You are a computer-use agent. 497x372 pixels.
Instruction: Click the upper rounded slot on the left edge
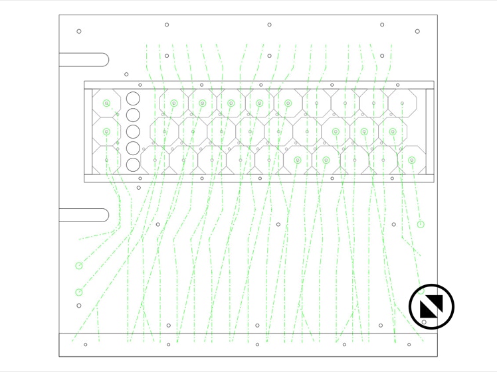[84, 60]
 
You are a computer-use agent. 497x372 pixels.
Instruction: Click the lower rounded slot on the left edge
[84, 216]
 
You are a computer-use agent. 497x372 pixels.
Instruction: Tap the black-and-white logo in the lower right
[431, 307]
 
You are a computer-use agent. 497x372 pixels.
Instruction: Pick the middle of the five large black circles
[134, 132]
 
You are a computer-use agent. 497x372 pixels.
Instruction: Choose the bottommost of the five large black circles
[134, 164]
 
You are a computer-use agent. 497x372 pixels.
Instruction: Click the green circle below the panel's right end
[421, 224]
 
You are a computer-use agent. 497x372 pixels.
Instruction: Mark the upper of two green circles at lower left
[79, 266]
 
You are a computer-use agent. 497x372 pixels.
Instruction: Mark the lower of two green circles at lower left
[79, 292]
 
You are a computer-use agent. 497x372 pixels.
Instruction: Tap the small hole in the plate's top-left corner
[79, 31]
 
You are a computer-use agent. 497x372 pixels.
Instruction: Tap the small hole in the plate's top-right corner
[417, 31]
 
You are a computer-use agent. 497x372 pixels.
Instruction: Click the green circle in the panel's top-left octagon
[106, 103]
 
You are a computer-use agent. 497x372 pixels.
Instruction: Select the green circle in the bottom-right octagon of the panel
[411, 160]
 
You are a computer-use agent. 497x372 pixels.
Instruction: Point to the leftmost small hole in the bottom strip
[85, 344]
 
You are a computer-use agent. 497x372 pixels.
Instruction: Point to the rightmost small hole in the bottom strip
[409, 344]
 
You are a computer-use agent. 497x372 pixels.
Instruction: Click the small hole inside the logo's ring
[424, 322]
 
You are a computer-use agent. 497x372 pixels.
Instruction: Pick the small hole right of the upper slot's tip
[126, 75]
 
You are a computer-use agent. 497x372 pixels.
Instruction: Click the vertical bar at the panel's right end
[429, 131]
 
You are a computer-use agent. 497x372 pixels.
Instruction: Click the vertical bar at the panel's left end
[88, 131]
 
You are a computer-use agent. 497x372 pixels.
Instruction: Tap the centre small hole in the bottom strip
[257, 344]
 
